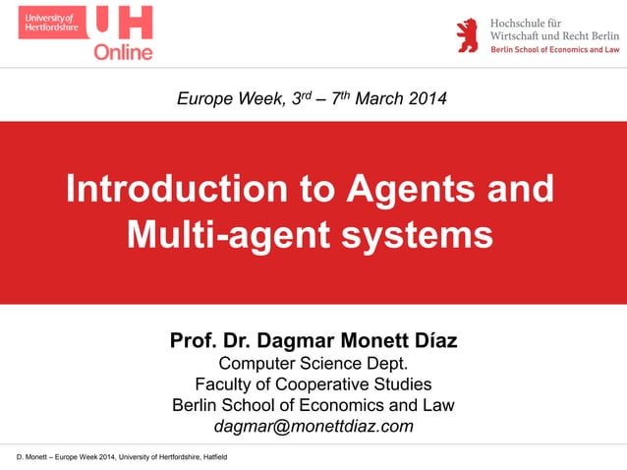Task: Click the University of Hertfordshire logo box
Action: [51, 22]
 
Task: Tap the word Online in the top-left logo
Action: [123, 51]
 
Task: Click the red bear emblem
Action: [467, 34]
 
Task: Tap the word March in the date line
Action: [375, 99]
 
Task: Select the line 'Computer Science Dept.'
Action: [313, 365]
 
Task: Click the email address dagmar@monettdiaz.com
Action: [313, 427]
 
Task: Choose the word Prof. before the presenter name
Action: [191, 342]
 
